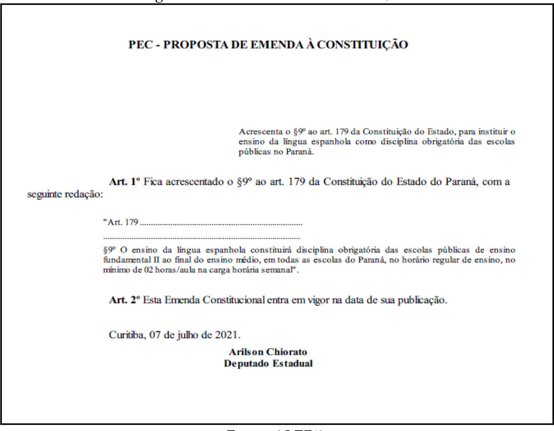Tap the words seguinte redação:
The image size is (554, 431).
tap(65, 195)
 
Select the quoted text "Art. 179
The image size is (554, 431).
tap(121, 222)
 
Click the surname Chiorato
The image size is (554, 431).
tap(287, 352)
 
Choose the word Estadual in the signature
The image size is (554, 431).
tap(293, 364)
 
